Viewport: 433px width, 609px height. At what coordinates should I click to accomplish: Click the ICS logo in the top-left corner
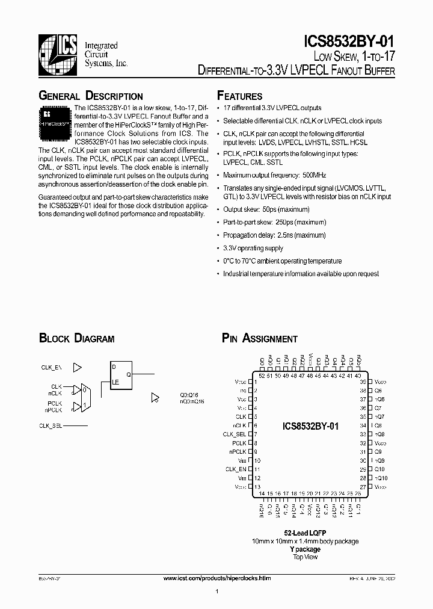tap(58, 55)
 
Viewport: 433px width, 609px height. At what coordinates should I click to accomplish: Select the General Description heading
tap(90, 96)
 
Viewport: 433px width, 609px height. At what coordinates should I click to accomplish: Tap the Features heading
tap(239, 96)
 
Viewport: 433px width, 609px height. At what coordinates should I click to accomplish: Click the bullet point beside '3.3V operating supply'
tap(218, 248)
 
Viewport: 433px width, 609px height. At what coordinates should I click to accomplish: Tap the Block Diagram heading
tap(76, 339)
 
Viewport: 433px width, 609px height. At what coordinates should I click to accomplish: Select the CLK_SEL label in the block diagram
tap(51, 425)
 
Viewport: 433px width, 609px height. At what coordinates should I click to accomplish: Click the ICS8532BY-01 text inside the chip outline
tap(310, 425)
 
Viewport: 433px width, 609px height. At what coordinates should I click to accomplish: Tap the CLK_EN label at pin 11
tap(236, 469)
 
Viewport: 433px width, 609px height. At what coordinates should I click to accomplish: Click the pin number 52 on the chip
tap(262, 376)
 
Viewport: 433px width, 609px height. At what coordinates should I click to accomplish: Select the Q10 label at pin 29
tap(379, 469)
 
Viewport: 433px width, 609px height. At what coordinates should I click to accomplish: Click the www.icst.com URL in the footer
tap(217, 578)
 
